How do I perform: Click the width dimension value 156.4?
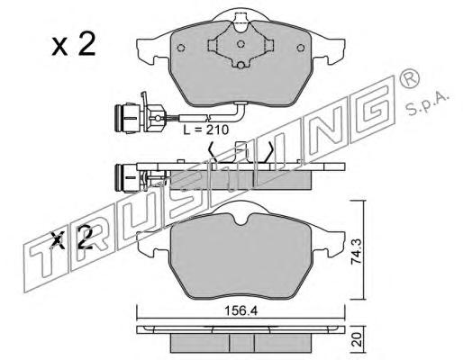tap(241, 311)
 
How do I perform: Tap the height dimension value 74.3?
tap(356, 251)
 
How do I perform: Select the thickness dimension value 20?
tap(356, 340)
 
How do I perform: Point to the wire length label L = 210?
tap(206, 130)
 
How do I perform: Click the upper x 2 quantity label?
tap(74, 45)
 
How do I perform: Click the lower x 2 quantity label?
tap(72, 238)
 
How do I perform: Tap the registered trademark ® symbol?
tap(409, 77)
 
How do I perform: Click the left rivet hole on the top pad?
tap(181, 48)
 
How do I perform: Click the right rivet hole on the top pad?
tap(300, 48)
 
